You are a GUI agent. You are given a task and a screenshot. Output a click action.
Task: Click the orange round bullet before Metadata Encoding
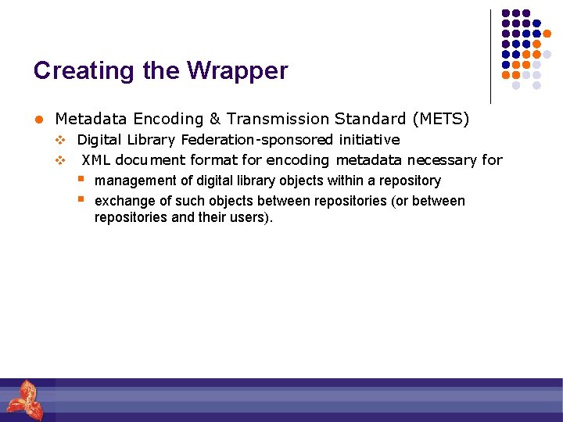point(37,120)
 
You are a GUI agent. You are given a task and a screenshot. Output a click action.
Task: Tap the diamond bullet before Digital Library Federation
point(59,140)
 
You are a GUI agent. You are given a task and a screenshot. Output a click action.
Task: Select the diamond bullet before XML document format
point(59,160)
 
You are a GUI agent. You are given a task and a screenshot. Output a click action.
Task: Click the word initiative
point(369,140)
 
